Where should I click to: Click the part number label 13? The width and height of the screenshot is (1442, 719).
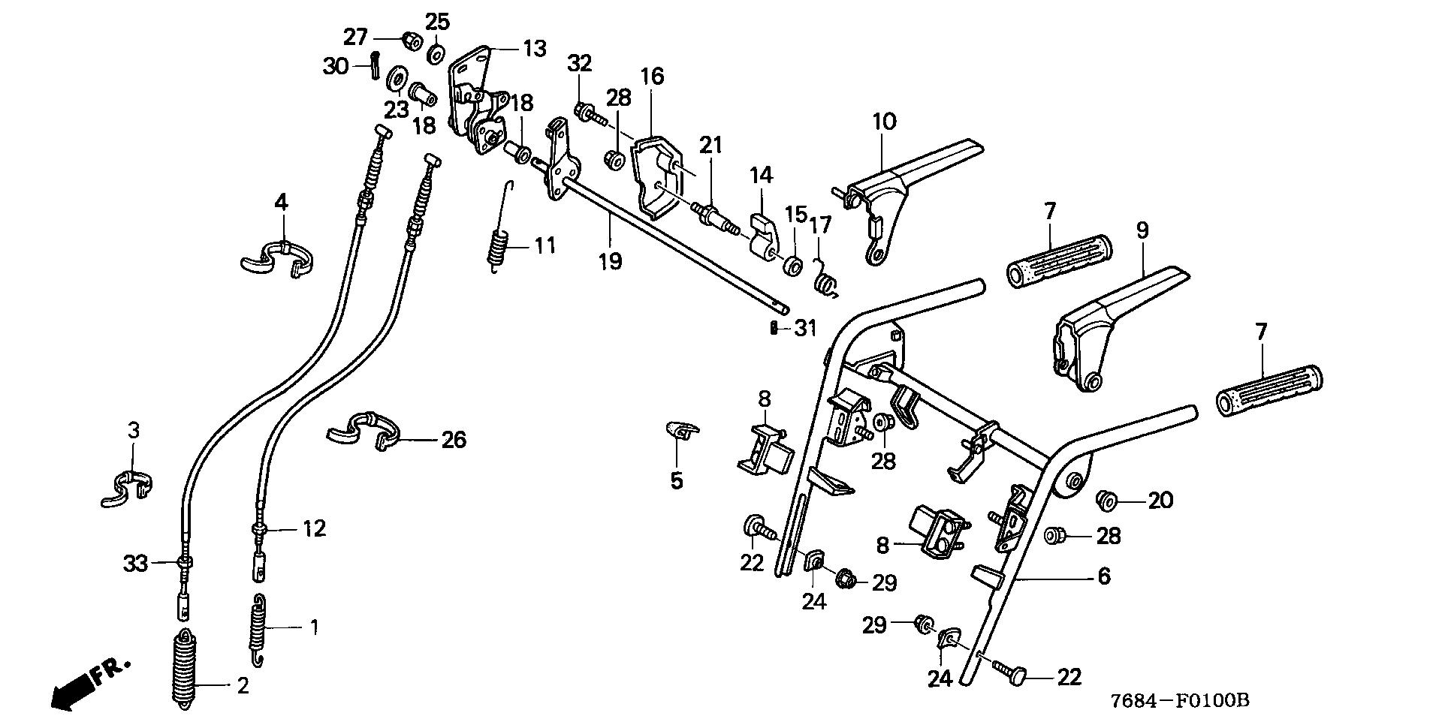point(535,50)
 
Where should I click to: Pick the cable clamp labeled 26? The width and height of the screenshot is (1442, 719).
point(364,432)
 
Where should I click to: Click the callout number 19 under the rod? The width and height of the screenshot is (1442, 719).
point(610,261)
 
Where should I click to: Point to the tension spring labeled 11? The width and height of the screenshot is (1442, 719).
point(497,242)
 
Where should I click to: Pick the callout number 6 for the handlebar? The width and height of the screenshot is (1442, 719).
point(1103,576)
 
